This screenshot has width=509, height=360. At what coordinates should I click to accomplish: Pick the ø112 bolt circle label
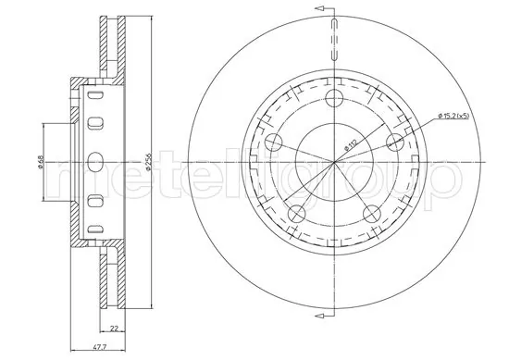pos(352,141)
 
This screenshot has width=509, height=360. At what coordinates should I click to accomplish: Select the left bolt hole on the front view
pos(274,142)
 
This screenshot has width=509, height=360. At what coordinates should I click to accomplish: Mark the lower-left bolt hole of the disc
pos(296,214)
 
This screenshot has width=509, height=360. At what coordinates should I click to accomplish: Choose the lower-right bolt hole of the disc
pos(371,214)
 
